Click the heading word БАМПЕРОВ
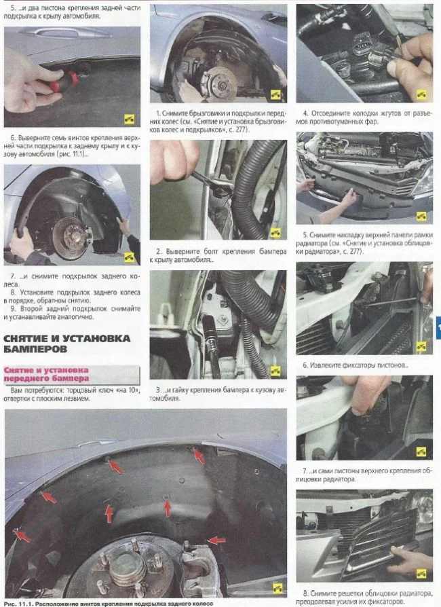pos(35,349)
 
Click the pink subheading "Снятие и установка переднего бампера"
pos(46,374)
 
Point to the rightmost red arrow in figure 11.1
pos(216,540)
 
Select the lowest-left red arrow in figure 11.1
pos(22,536)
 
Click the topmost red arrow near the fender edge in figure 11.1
pos(199,456)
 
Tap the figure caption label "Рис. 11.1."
pos(18,604)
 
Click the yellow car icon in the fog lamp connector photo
pos(421,94)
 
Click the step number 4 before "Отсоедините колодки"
pos(305,113)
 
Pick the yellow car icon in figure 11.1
pos(277,589)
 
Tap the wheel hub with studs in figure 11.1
pos(128,567)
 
